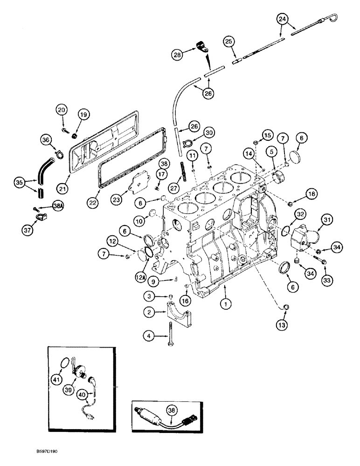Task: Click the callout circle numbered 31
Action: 326,220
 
